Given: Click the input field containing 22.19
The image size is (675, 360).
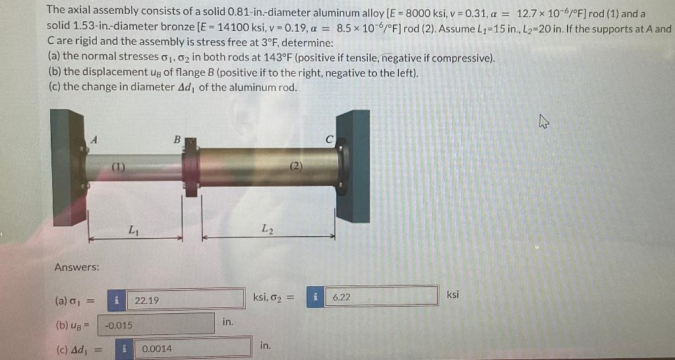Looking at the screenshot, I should (x=185, y=301).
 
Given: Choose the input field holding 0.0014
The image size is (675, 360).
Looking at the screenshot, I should (x=191, y=348).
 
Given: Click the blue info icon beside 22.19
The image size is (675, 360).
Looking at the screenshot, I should (x=117, y=301).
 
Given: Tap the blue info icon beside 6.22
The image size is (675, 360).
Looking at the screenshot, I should (x=316, y=297).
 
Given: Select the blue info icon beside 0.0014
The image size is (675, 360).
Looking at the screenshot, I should (x=125, y=348).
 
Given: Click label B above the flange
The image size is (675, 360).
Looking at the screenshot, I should (x=176, y=139).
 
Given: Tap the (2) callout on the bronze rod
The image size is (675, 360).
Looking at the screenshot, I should (x=295, y=165).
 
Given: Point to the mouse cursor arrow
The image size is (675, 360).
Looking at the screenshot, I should (x=543, y=121).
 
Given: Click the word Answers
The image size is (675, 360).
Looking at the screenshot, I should (x=77, y=267).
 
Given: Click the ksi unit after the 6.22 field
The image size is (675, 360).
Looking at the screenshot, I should (x=453, y=294).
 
